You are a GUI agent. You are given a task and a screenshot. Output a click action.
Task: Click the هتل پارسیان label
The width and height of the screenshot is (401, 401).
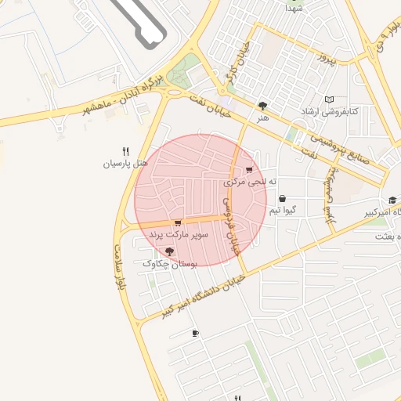click(x=125, y=164)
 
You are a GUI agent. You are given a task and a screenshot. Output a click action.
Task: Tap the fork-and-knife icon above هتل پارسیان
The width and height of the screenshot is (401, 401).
click(x=125, y=150)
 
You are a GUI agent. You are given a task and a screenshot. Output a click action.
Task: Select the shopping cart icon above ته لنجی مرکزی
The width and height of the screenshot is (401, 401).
click(x=249, y=169)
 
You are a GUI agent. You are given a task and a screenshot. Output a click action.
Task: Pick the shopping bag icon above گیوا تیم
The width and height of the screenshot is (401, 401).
click(x=281, y=198)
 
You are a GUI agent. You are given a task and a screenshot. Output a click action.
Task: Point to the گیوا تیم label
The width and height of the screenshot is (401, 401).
click(x=282, y=211)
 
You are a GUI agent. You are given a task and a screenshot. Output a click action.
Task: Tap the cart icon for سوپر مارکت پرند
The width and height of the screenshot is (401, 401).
click(x=178, y=222)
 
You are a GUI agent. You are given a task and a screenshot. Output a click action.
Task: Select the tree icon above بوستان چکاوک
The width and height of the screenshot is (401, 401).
click(x=170, y=251)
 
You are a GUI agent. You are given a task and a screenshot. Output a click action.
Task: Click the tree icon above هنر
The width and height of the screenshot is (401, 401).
click(x=262, y=106)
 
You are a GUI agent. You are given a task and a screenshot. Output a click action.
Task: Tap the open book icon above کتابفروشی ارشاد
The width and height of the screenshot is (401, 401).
click(x=330, y=99)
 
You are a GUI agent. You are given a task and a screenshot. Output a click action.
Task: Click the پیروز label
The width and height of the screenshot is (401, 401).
click(x=326, y=59)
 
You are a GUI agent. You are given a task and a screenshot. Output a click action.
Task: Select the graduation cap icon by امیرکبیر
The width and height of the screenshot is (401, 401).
click(x=392, y=200)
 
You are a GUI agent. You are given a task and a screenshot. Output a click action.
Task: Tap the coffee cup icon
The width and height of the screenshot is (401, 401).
click(x=195, y=334)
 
